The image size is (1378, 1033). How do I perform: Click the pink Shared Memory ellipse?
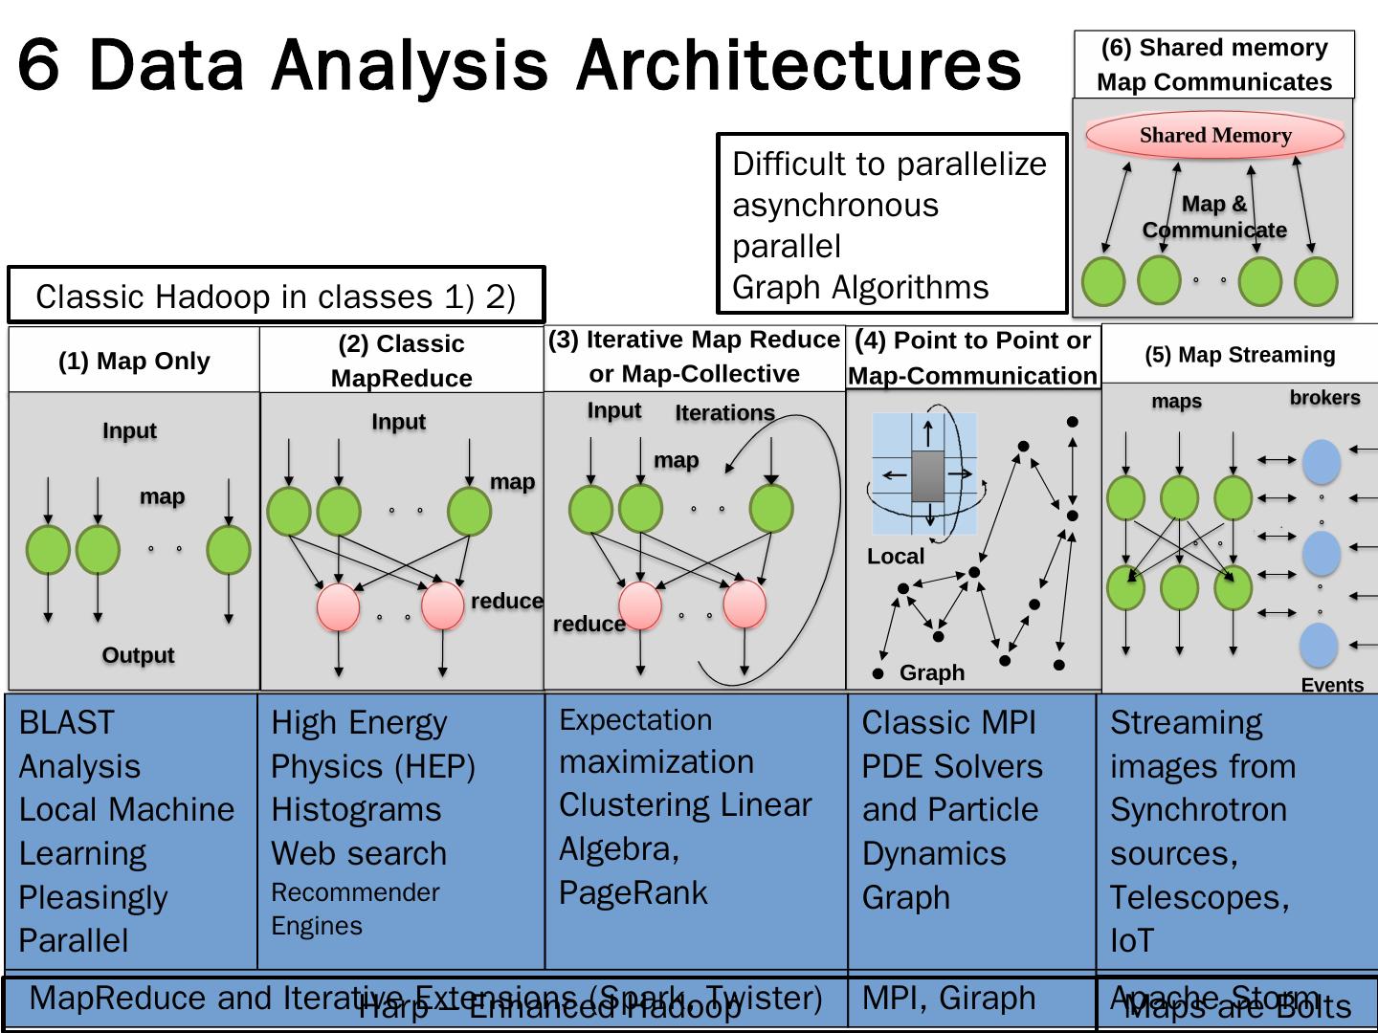1214,135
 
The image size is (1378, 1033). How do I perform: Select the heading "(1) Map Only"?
134,361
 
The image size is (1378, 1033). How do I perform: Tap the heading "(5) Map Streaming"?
1239,355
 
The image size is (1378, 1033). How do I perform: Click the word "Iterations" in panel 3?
724,413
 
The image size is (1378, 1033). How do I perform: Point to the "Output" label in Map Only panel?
138,655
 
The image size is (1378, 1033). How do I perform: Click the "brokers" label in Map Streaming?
1324,398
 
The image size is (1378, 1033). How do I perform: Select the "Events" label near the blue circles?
1332,685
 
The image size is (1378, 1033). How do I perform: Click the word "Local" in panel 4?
896,557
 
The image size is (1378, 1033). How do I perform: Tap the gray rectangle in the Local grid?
928,475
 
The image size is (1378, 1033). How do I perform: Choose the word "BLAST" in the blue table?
66,722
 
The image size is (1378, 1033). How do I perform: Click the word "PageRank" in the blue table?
633,892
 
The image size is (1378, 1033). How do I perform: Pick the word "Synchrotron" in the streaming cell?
1198,809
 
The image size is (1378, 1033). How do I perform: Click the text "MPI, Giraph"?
948,998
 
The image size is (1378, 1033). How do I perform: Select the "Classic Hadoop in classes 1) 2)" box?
276,297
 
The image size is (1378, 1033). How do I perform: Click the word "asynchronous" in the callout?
835,205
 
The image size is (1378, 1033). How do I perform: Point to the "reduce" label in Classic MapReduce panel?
506,601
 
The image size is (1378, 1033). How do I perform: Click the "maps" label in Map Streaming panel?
1176,401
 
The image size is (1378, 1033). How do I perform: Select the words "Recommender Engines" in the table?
355,909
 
